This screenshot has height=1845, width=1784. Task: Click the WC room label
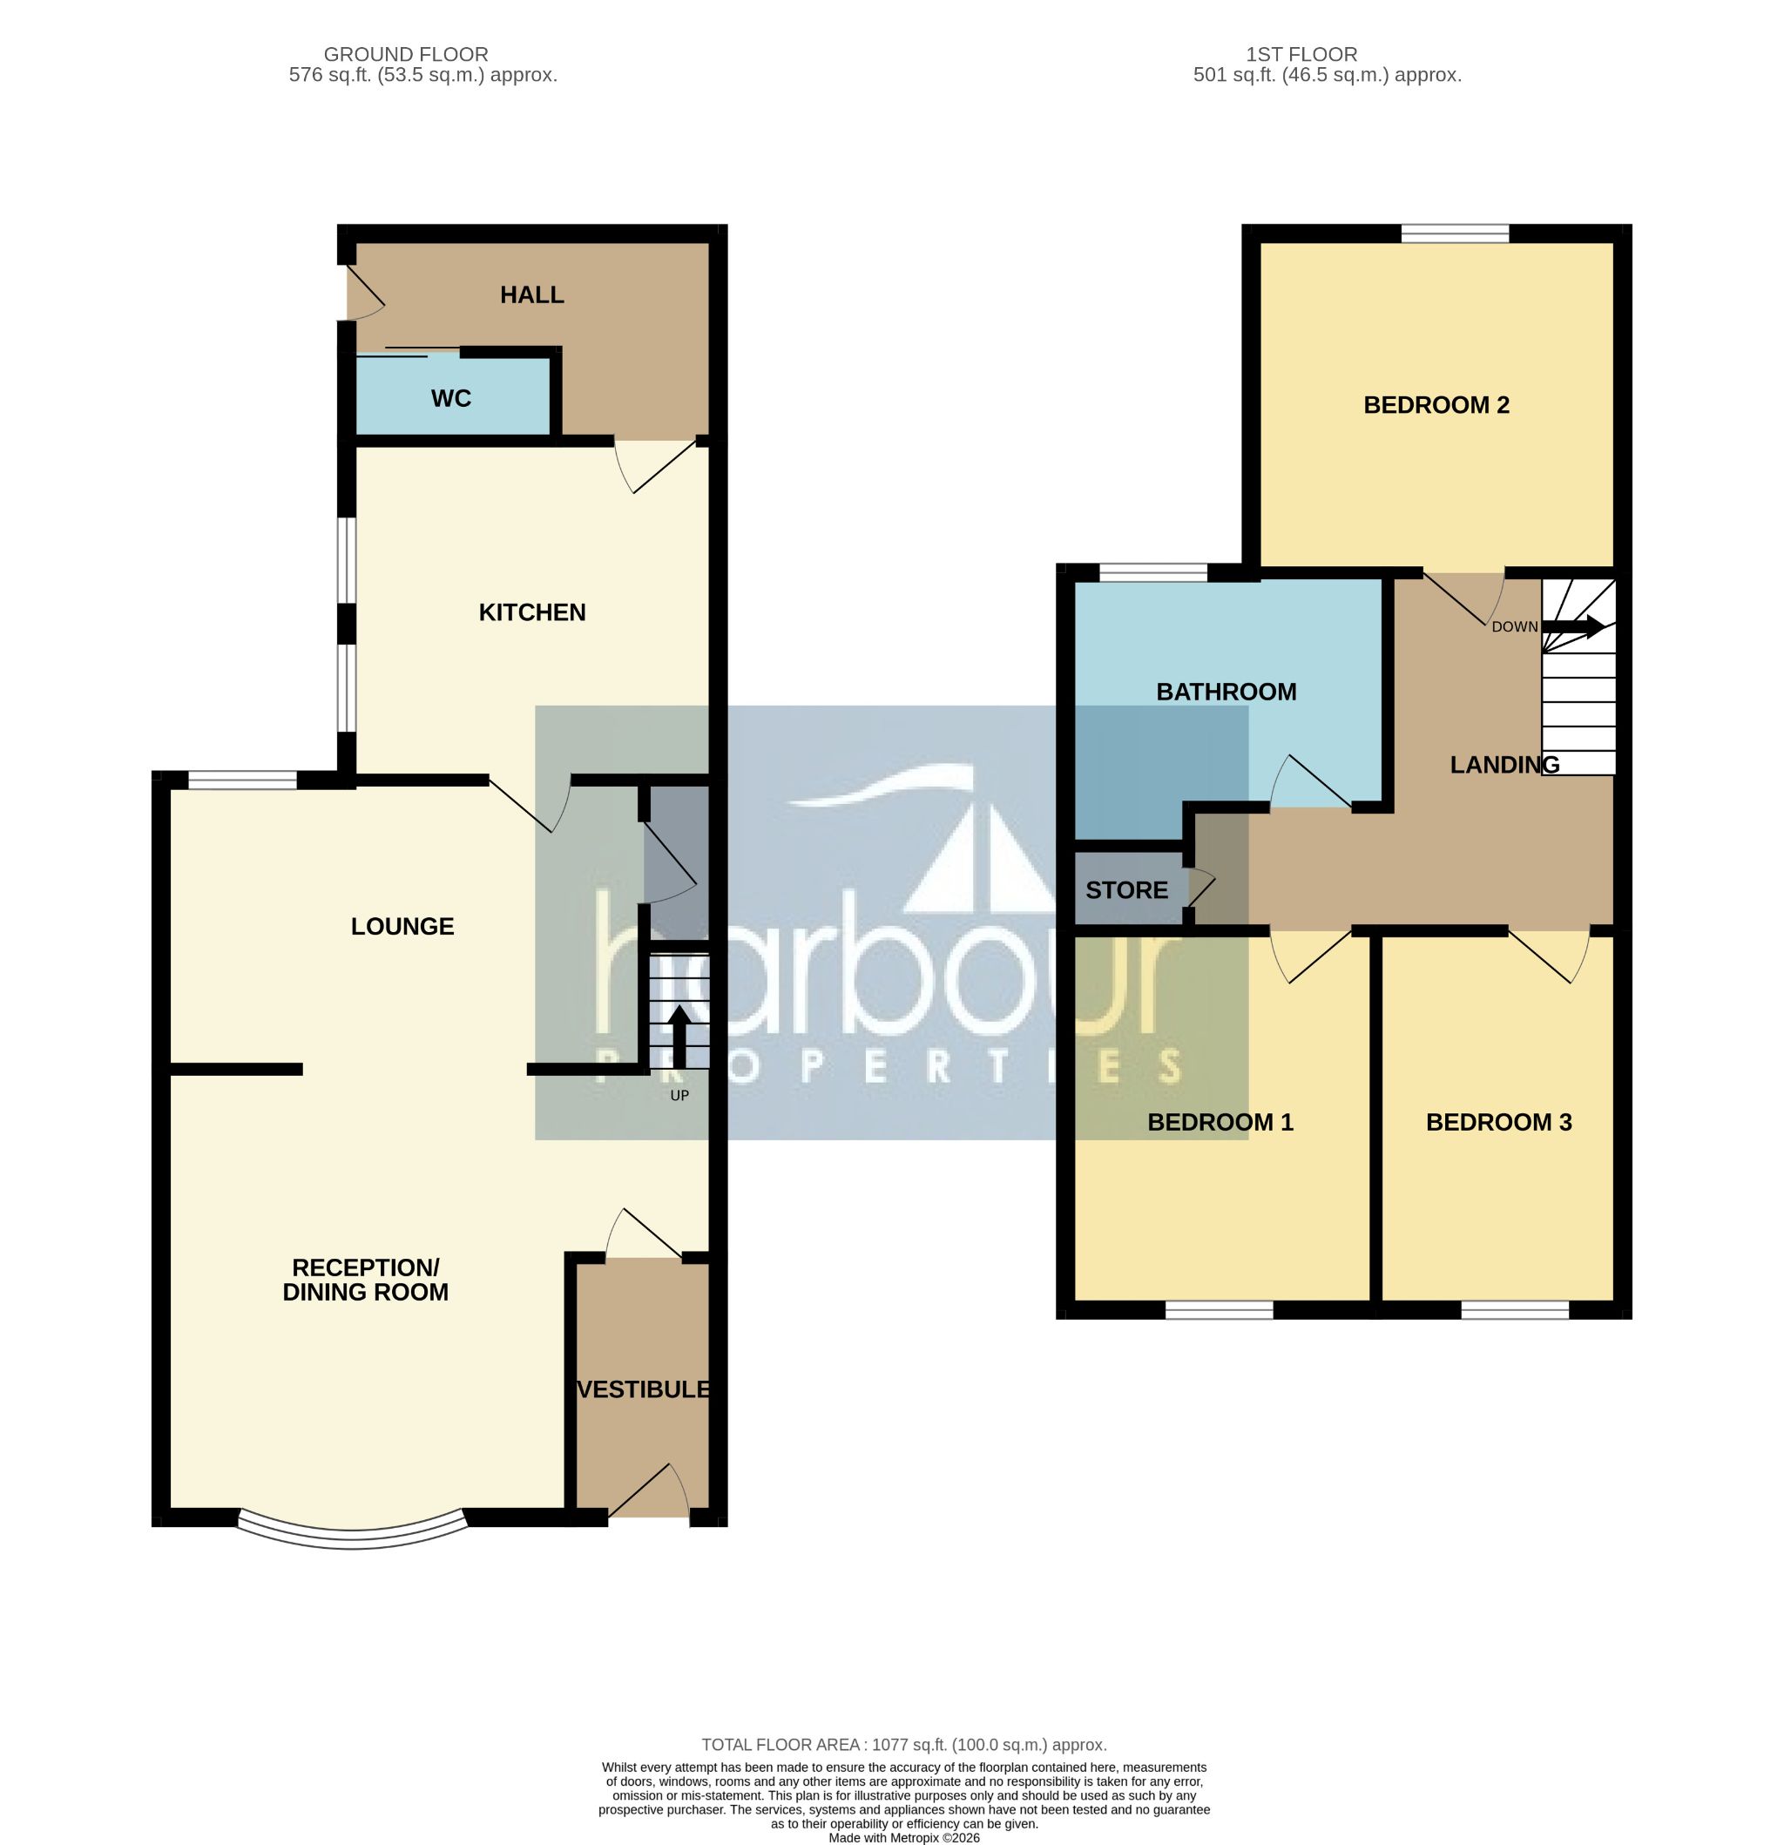[x=450, y=398]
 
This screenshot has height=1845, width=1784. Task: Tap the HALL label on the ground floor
[x=531, y=294]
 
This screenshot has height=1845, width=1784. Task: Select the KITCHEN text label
[x=531, y=612]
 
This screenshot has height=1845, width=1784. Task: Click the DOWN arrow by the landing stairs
[x=1573, y=626]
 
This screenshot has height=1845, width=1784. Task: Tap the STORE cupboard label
[x=1126, y=889]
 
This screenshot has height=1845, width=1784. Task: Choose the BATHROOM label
[x=1226, y=692]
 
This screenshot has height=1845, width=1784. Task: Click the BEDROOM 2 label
[x=1436, y=405]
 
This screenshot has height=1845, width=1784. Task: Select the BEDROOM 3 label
[x=1497, y=1122]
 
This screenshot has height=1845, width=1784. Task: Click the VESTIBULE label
[x=643, y=1389]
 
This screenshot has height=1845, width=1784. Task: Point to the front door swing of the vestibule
[x=650, y=1494]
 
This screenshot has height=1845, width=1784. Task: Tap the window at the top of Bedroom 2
[x=1455, y=233]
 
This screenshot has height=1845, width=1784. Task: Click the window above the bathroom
[x=1152, y=572]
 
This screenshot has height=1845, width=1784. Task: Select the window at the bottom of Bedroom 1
[x=1218, y=1309]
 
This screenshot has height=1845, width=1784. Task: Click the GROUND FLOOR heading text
[x=406, y=55]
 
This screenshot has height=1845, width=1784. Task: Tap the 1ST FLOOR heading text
[x=1301, y=55]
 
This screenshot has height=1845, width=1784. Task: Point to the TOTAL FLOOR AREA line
[x=902, y=1744]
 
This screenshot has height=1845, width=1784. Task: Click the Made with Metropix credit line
[x=902, y=1837]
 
